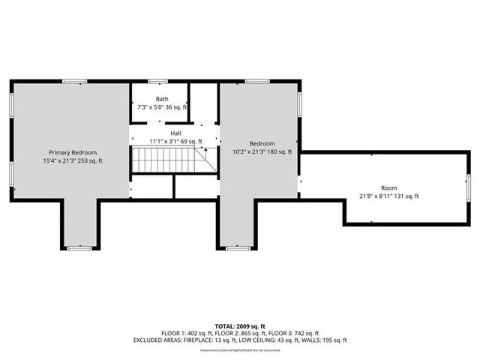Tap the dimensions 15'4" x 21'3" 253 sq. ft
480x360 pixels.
pyautogui.click(x=73, y=160)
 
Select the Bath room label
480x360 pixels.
pyautogui.click(x=162, y=99)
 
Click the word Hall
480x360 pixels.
pyautogui.click(x=175, y=133)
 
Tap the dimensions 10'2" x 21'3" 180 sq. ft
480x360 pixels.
pyautogui.click(x=262, y=152)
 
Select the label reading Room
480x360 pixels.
pyautogui.click(x=388, y=187)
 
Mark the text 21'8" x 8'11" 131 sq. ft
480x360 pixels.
pyautogui.click(x=388, y=196)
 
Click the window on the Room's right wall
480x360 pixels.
pyautogui.click(x=467, y=187)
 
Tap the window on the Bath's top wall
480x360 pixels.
pyautogui.click(x=157, y=81)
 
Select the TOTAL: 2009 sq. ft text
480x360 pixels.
pyautogui.click(x=240, y=326)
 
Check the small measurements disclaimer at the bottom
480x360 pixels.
pyautogui.click(x=240, y=349)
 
